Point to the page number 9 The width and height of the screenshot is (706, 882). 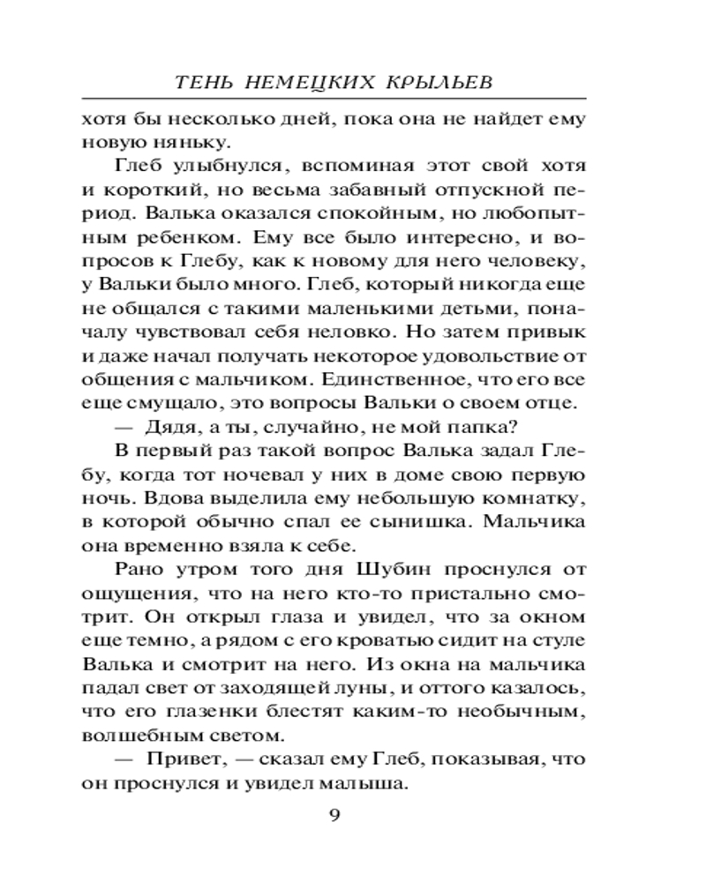334,814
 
